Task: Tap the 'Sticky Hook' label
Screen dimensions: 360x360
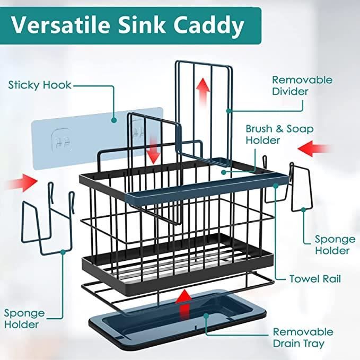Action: pos(40,85)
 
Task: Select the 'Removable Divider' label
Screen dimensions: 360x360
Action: pos(302,85)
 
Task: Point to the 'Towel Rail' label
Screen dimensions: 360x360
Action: pos(315,278)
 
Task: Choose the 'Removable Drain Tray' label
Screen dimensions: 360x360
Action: pos(303,337)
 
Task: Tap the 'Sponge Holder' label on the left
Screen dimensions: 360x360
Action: pos(24,318)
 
